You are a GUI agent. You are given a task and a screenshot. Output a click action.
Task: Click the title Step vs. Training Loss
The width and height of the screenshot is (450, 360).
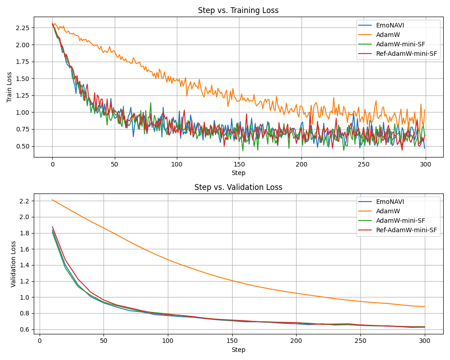pyautogui.click(x=238, y=10)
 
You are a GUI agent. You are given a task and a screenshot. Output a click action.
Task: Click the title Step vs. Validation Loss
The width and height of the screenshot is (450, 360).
pyautogui.click(x=238, y=187)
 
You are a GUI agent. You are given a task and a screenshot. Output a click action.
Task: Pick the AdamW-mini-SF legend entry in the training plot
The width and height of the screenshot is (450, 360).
pyautogui.click(x=400, y=44)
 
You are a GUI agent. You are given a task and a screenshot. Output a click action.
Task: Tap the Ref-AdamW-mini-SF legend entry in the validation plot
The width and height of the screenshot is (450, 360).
pyautogui.click(x=406, y=230)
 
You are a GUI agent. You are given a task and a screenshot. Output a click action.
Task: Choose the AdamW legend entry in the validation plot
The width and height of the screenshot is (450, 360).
pyautogui.click(x=387, y=211)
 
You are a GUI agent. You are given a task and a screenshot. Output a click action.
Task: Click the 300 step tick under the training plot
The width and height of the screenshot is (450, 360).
pyautogui.click(x=425, y=165)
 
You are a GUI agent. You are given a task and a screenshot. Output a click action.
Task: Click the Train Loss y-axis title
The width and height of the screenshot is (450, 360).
pyautogui.click(x=9, y=87)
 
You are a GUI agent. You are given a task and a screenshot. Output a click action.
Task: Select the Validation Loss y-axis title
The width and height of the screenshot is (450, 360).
pyautogui.click(x=13, y=264)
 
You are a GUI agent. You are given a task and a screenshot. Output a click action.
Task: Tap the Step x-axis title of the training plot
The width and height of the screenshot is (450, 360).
pyautogui.click(x=238, y=173)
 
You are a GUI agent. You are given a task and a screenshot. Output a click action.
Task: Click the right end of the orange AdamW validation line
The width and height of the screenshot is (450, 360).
pyautogui.click(x=424, y=307)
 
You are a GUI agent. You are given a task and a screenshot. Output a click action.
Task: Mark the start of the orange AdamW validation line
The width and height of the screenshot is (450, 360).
pyautogui.click(x=53, y=200)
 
